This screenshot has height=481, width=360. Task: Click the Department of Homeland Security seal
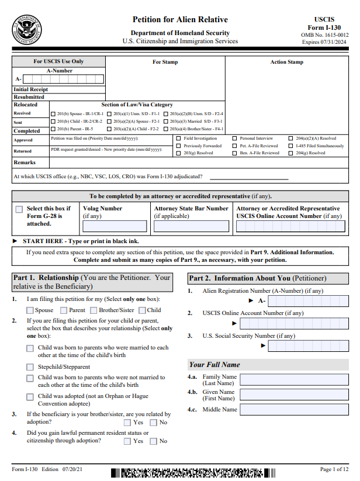[x=26, y=30]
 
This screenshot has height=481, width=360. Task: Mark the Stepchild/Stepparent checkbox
[x=30, y=368]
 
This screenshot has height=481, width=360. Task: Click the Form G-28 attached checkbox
[x=19, y=209]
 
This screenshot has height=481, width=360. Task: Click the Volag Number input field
[x=115, y=226]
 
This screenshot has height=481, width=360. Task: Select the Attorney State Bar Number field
[x=191, y=226]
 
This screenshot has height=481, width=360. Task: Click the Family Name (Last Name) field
[x=294, y=379]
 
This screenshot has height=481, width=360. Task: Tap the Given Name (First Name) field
[x=294, y=395]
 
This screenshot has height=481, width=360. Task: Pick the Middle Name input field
[x=294, y=410]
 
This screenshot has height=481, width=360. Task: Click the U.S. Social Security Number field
[x=310, y=345]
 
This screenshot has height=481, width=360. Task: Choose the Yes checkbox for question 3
[x=127, y=423]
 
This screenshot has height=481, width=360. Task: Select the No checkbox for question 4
[x=154, y=441]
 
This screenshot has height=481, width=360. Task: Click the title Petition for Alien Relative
[x=180, y=20]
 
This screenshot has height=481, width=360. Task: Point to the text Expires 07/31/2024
[x=325, y=42]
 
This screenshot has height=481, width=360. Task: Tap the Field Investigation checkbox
[x=178, y=139]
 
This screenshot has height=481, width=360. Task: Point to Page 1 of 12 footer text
[x=334, y=469]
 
